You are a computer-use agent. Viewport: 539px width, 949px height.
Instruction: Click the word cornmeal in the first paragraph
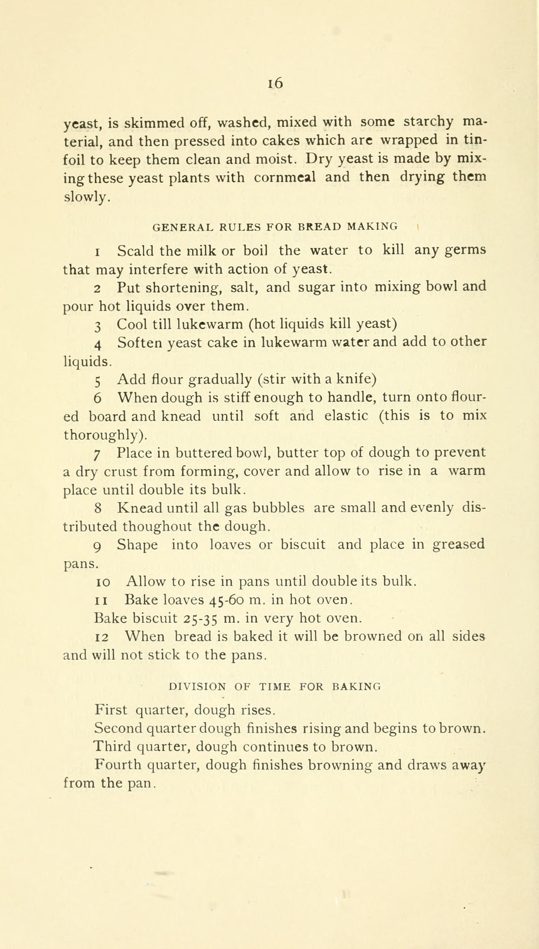tap(285, 177)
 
